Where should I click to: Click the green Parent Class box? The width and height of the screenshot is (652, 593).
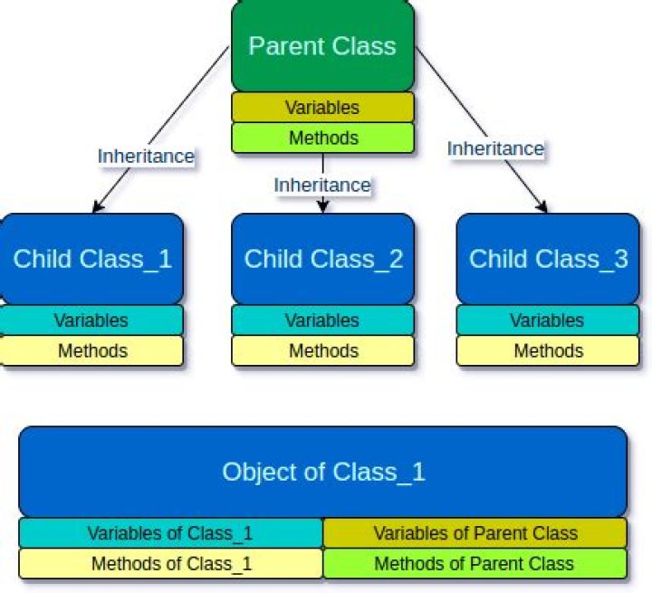(x=322, y=46)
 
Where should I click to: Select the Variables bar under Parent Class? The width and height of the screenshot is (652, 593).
(x=322, y=108)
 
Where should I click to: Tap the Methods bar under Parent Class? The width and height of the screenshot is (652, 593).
(x=322, y=138)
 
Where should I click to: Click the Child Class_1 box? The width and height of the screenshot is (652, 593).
(x=91, y=259)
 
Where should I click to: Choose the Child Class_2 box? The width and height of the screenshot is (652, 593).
(x=322, y=259)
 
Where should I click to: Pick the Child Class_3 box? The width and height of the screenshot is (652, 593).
(x=548, y=259)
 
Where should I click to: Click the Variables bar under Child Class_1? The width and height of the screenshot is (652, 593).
(x=91, y=320)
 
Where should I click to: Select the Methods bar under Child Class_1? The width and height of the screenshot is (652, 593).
(x=91, y=350)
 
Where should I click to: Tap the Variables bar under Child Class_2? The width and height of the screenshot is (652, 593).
(x=322, y=320)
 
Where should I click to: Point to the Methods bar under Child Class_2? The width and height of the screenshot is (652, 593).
(x=322, y=350)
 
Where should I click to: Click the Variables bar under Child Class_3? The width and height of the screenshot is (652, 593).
(x=548, y=320)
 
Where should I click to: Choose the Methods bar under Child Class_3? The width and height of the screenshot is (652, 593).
(x=548, y=350)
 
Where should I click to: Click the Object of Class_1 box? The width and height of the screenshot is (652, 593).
(x=323, y=472)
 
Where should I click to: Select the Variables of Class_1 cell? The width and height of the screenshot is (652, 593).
(x=171, y=533)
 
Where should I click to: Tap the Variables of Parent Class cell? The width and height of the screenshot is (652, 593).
(x=475, y=533)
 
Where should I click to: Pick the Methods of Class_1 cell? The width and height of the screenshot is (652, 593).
(x=171, y=563)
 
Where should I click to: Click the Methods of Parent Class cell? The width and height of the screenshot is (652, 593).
(x=475, y=563)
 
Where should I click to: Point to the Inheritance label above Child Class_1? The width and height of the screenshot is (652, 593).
(x=146, y=157)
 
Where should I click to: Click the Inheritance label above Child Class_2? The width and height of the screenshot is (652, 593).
(x=322, y=186)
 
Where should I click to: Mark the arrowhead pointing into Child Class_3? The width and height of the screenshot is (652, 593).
(x=542, y=207)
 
